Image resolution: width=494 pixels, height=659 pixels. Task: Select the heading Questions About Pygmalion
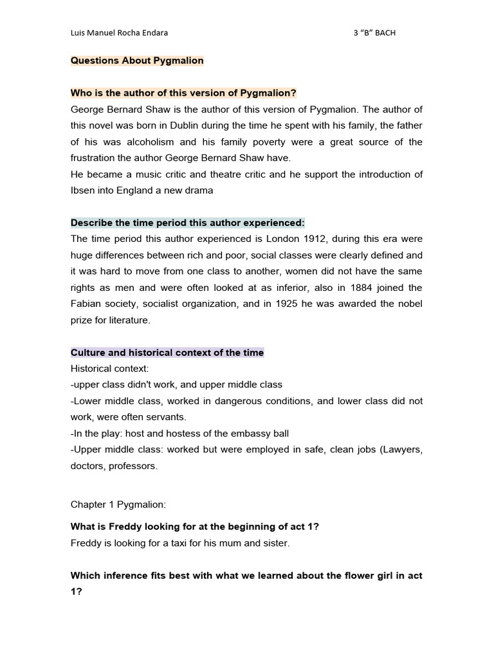coord(137,60)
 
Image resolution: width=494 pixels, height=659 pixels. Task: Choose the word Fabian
coord(86,304)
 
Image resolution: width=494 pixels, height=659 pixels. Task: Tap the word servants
coord(174,417)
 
